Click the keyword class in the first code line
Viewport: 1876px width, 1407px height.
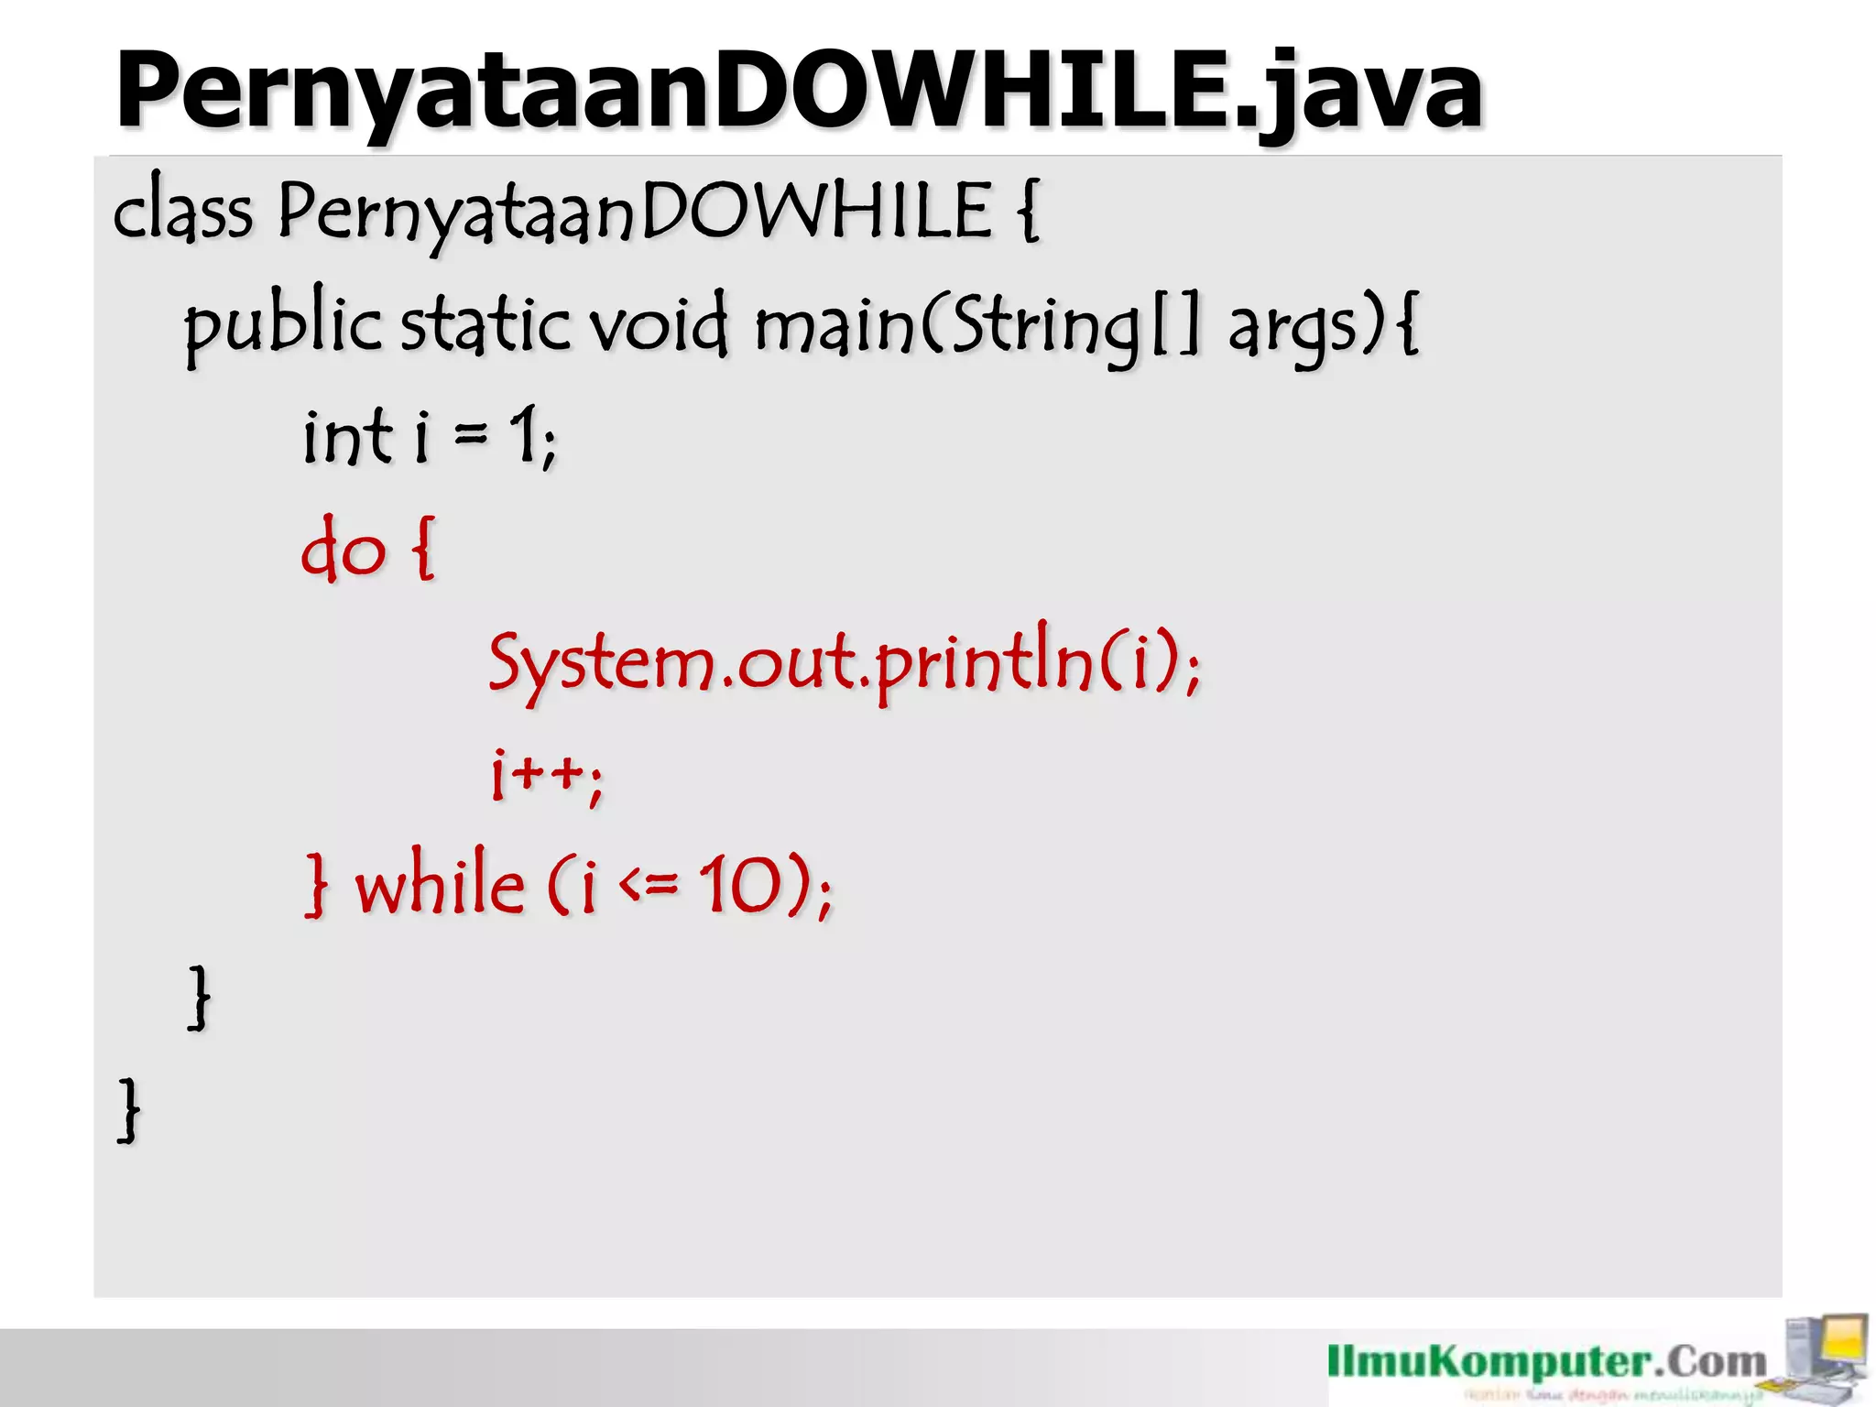[x=182, y=211]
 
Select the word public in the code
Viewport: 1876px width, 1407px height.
[x=282, y=325]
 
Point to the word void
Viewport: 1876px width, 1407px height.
[x=659, y=325]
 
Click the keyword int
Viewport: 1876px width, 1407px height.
[x=347, y=436]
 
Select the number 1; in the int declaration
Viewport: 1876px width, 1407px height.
[x=532, y=438]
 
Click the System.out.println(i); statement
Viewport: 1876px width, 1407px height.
[x=844, y=663]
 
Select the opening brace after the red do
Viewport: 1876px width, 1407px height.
[x=423, y=550]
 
